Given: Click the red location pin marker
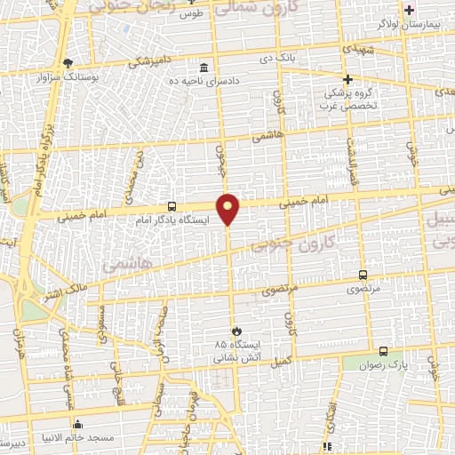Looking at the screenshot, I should pyautogui.click(x=228, y=208).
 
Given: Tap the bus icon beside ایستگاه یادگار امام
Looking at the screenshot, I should pyautogui.click(x=172, y=205).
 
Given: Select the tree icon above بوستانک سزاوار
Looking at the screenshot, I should pyautogui.click(x=68, y=62).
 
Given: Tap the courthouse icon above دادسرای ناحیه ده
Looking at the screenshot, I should pyautogui.click(x=204, y=68).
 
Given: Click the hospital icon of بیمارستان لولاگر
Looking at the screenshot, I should pyautogui.click(x=409, y=11).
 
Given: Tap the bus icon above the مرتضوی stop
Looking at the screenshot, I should pyautogui.click(x=363, y=275).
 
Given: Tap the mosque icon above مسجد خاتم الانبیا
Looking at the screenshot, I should pyautogui.click(x=79, y=424).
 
